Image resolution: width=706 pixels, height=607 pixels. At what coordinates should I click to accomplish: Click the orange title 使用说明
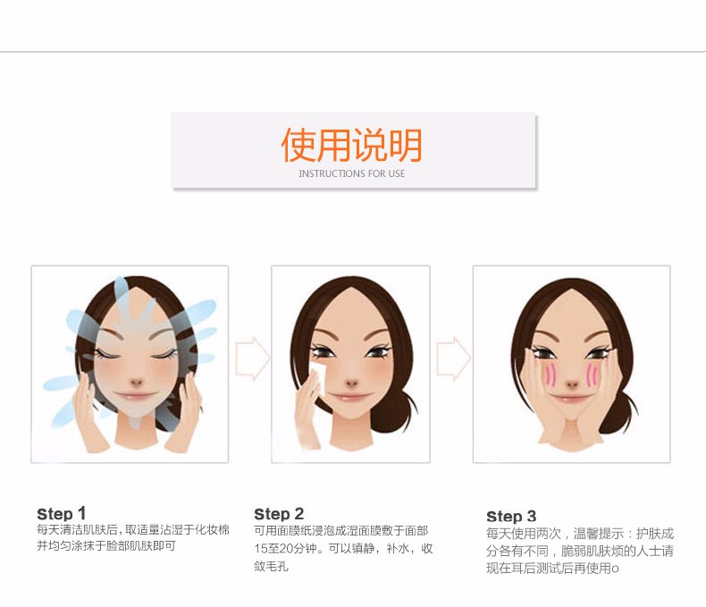(351, 145)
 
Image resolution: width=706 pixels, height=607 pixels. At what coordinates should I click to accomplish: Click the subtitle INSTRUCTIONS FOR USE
(351, 173)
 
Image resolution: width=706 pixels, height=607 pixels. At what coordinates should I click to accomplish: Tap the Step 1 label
(62, 513)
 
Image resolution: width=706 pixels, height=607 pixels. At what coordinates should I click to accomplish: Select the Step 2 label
(279, 514)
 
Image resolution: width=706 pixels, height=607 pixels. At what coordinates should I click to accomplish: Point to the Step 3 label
(511, 516)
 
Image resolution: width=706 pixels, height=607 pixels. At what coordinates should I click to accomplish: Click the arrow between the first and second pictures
(253, 358)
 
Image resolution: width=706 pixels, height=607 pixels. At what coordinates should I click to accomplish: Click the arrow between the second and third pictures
(454, 358)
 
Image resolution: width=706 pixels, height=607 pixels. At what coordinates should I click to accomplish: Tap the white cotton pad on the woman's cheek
(319, 378)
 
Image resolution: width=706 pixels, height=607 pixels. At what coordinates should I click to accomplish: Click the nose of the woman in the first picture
(136, 384)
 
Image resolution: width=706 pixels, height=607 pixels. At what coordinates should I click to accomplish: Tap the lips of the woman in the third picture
(570, 399)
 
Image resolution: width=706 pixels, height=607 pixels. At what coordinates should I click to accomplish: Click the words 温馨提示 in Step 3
(599, 534)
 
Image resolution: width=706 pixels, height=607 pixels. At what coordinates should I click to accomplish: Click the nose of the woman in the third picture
(572, 385)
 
